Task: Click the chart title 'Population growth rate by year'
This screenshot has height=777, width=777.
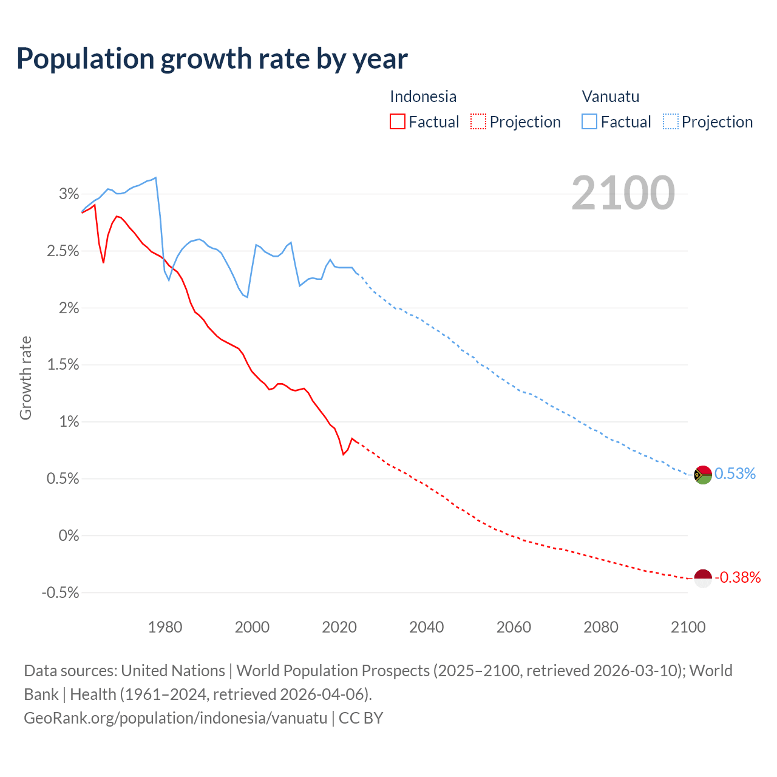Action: click(x=212, y=59)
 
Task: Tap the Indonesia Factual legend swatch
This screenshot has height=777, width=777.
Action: click(x=397, y=121)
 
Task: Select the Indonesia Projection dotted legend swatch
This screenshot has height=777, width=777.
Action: click(x=478, y=121)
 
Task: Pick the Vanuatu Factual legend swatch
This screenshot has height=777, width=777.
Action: click(x=589, y=121)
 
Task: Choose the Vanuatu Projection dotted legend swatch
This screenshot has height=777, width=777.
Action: click(x=670, y=121)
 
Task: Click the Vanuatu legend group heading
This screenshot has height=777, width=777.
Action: click(x=610, y=97)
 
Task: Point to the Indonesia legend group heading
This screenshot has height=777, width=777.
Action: click(x=422, y=97)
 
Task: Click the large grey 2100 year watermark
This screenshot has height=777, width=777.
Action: click(x=623, y=193)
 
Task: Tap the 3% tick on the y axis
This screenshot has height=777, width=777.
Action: click(x=69, y=194)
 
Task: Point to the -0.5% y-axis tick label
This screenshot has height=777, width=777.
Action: click(x=60, y=593)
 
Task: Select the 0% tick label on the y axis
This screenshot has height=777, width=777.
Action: click(x=69, y=536)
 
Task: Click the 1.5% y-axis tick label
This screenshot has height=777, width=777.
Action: click(x=63, y=365)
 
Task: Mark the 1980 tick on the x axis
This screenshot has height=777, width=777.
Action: click(x=165, y=627)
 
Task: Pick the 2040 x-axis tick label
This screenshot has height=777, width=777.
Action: click(x=427, y=627)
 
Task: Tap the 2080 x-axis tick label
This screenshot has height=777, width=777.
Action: click(x=601, y=627)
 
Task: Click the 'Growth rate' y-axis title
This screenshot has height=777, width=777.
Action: click(x=25, y=378)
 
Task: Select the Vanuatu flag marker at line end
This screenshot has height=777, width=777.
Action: click(x=703, y=475)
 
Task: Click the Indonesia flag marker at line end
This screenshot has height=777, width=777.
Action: click(x=703, y=579)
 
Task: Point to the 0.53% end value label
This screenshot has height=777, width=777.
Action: click(x=735, y=474)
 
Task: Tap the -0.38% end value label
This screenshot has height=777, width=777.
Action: click(x=738, y=578)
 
